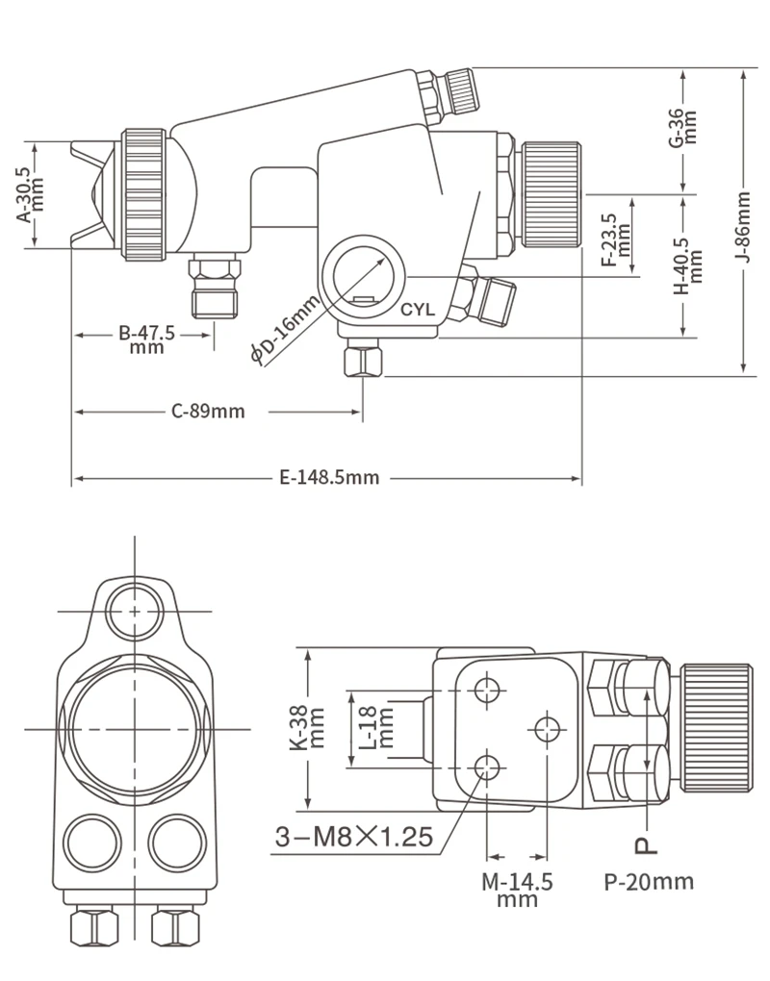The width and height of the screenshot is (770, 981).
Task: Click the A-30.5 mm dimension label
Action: (x=30, y=194)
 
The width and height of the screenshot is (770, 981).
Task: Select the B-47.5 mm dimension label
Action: (x=147, y=340)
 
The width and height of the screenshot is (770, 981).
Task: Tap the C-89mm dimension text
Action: (x=208, y=411)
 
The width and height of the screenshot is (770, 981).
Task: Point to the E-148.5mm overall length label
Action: (x=329, y=478)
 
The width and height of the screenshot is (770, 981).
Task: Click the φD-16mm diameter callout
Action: (x=286, y=330)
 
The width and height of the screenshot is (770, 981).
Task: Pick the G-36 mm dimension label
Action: (x=682, y=128)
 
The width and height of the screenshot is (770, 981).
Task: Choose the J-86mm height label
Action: (x=742, y=226)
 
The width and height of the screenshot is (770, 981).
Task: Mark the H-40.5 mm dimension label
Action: (x=688, y=265)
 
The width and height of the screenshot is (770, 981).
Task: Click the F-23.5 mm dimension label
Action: (x=616, y=239)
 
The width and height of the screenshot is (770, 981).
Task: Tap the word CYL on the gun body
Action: (x=418, y=310)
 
